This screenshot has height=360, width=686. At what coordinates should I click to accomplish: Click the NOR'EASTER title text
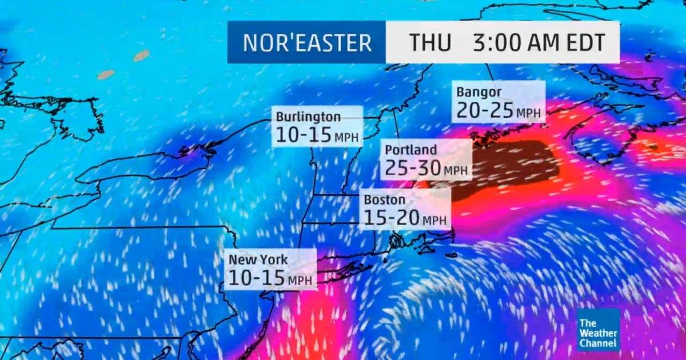click(x=307, y=43)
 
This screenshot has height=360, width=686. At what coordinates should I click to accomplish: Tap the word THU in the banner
click(x=430, y=43)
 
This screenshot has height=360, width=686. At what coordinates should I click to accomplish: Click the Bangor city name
click(x=479, y=92)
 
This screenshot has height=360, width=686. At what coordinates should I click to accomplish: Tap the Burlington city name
click(x=308, y=117)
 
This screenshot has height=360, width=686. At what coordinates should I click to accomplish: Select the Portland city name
click(x=410, y=150)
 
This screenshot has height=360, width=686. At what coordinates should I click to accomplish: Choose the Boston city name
click(x=384, y=200)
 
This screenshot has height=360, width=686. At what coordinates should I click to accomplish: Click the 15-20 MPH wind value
click(x=405, y=218)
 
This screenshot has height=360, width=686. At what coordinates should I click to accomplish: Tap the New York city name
click(x=258, y=259)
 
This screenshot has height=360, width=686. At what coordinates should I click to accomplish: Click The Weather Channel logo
click(x=598, y=330)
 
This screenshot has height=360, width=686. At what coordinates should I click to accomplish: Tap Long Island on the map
click(x=343, y=267)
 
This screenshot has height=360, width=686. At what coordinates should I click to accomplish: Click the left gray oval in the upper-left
click(x=106, y=74)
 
